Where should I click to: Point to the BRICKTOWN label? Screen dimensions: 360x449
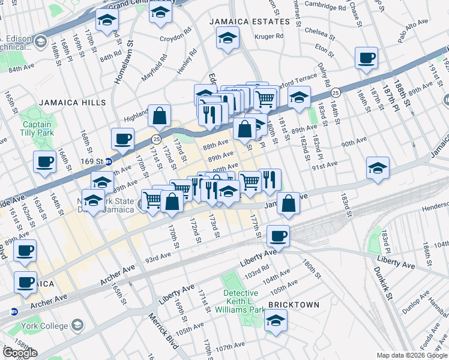coord(294,305)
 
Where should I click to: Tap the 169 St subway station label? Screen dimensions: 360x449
coord(97,161)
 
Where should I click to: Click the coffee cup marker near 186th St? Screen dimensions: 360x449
coord(366,59)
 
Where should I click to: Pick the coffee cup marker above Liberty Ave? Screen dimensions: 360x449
coord(278,236)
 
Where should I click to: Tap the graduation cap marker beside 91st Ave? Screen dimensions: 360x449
coord(378,168)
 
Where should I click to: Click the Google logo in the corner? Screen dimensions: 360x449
coord(20,353)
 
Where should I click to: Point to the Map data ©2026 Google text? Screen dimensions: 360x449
coord(411,355)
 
